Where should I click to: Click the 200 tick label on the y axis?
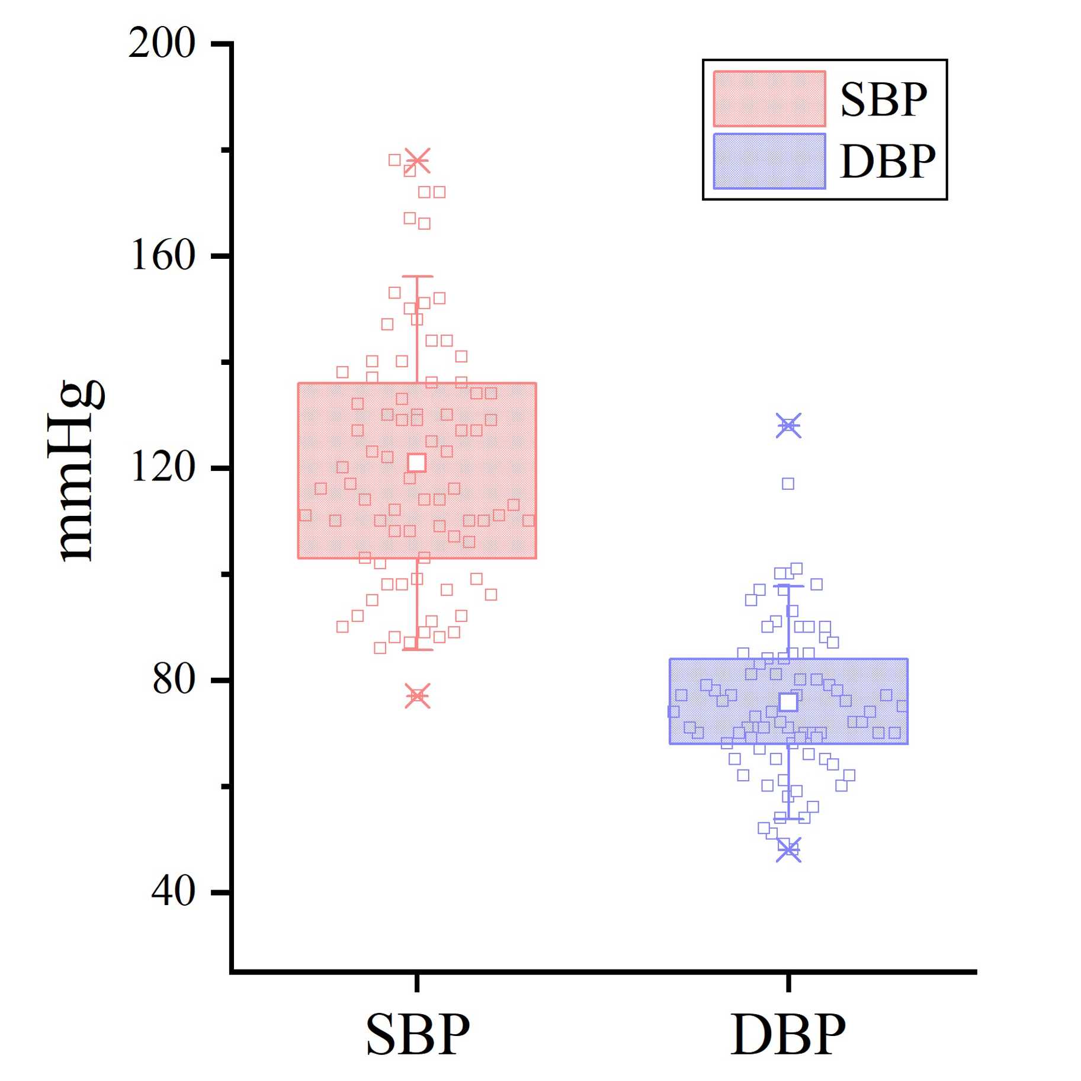click(x=162, y=43)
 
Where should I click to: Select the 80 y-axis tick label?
click(x=174, y=679)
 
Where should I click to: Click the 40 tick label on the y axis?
click(x=173, y=891)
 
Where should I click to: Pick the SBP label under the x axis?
click(x=418, y=1034)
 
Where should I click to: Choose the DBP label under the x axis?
click(x=788, y=1034)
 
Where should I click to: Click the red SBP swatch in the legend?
click(x=769, y=99)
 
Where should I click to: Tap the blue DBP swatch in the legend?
click(x=769, y=161)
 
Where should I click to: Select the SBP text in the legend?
click(x=883, y=100)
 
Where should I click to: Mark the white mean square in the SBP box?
click(x=417, y=463)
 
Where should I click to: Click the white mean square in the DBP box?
click(x=788, y=702)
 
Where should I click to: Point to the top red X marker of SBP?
click(x=418, y=160)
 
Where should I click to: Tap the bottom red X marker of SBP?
click(x=418, y=696)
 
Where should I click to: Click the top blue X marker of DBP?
click(x=788, y=425)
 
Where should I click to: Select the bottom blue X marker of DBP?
click(x=788, y=850)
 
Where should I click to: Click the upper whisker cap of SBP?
click(x=418, y=276)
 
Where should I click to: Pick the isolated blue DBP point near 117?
click(x=788, y=484)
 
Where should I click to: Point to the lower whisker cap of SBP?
click(x=418, y=650)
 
